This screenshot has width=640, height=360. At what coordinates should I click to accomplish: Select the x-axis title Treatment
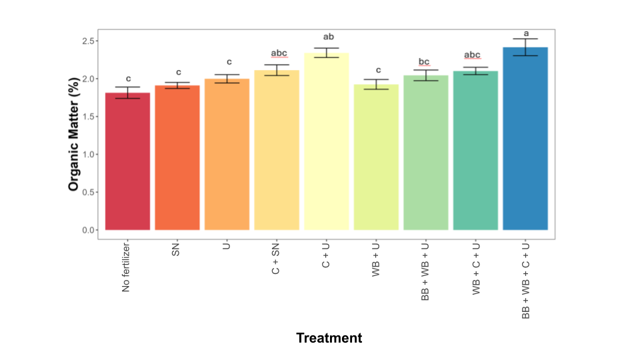point(329,338)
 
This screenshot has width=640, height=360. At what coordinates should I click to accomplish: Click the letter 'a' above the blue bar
point(526,33)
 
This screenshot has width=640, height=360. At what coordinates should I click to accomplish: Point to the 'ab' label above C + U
point(327,37)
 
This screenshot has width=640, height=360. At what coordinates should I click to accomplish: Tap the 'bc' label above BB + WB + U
point(425,62)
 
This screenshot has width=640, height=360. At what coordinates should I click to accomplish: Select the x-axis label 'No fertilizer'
point(127,267)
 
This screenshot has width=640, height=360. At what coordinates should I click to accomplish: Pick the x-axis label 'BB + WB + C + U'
point(525,280)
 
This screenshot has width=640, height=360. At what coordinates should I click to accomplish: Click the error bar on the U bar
point(227,79)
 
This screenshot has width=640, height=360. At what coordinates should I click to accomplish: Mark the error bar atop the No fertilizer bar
point(127,93)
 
